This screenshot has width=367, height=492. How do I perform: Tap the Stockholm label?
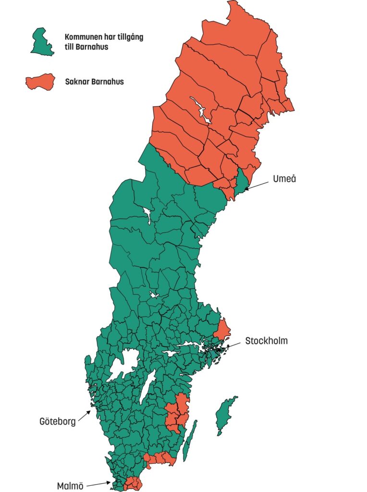266,341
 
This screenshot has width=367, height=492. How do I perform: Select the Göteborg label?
57,422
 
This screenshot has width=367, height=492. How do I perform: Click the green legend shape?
42,42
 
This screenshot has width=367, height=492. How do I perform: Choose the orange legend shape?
41,82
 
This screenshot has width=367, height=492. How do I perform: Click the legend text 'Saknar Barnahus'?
94,82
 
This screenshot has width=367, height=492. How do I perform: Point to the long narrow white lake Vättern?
147,387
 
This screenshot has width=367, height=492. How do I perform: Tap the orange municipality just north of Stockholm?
222,330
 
